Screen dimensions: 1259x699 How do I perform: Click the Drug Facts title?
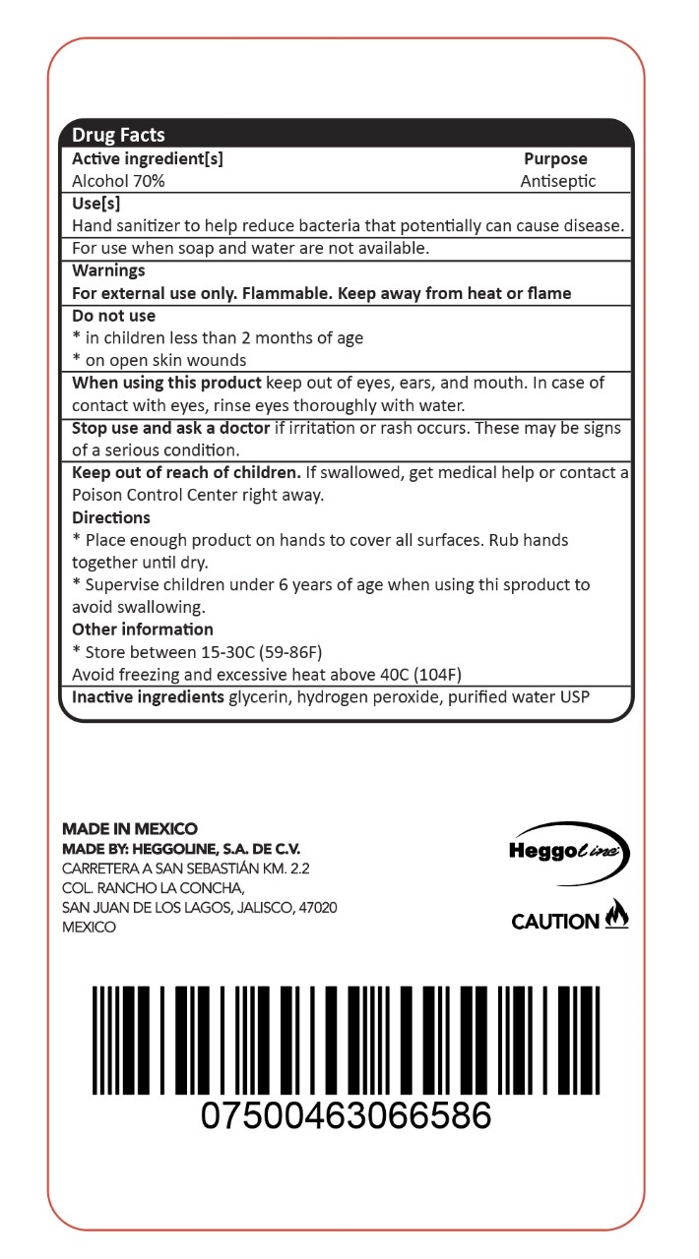pyautogui.click(x=118, y=135)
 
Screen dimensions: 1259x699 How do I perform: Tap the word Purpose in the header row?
pyautogui.click(x=555, y=158)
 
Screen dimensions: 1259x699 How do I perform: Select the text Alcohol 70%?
pyautogui.click(x=118, y=181)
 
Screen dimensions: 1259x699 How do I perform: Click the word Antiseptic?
pyautogui.click(x=558, y=181)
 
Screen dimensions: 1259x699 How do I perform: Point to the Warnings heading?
pyautogui.click(x=108, y=270)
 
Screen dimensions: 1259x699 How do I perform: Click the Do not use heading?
pyautogui.click(x=113, y=316)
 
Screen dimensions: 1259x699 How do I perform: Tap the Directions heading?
pyautogui.click(x=111, y=517)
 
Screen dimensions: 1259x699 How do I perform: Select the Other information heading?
pyautogui.click(x=143, y=629)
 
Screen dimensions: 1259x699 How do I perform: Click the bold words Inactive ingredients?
pyautogui.click(x=148, y=697)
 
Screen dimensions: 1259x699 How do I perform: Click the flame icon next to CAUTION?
pyautogui.click(x=616, y=915)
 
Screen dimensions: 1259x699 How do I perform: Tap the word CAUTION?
pyautogui.click(x=555, y=922)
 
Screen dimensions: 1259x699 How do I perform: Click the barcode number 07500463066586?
pyautogui.click(x=346, y=1116)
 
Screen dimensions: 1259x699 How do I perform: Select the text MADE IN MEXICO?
pyautogui.click(x=130, y=829)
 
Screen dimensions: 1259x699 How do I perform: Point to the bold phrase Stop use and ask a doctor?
pyautogui.click(x=170, y=429)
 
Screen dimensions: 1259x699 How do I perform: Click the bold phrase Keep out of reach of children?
pyautogui.click(x=186, y=473)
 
